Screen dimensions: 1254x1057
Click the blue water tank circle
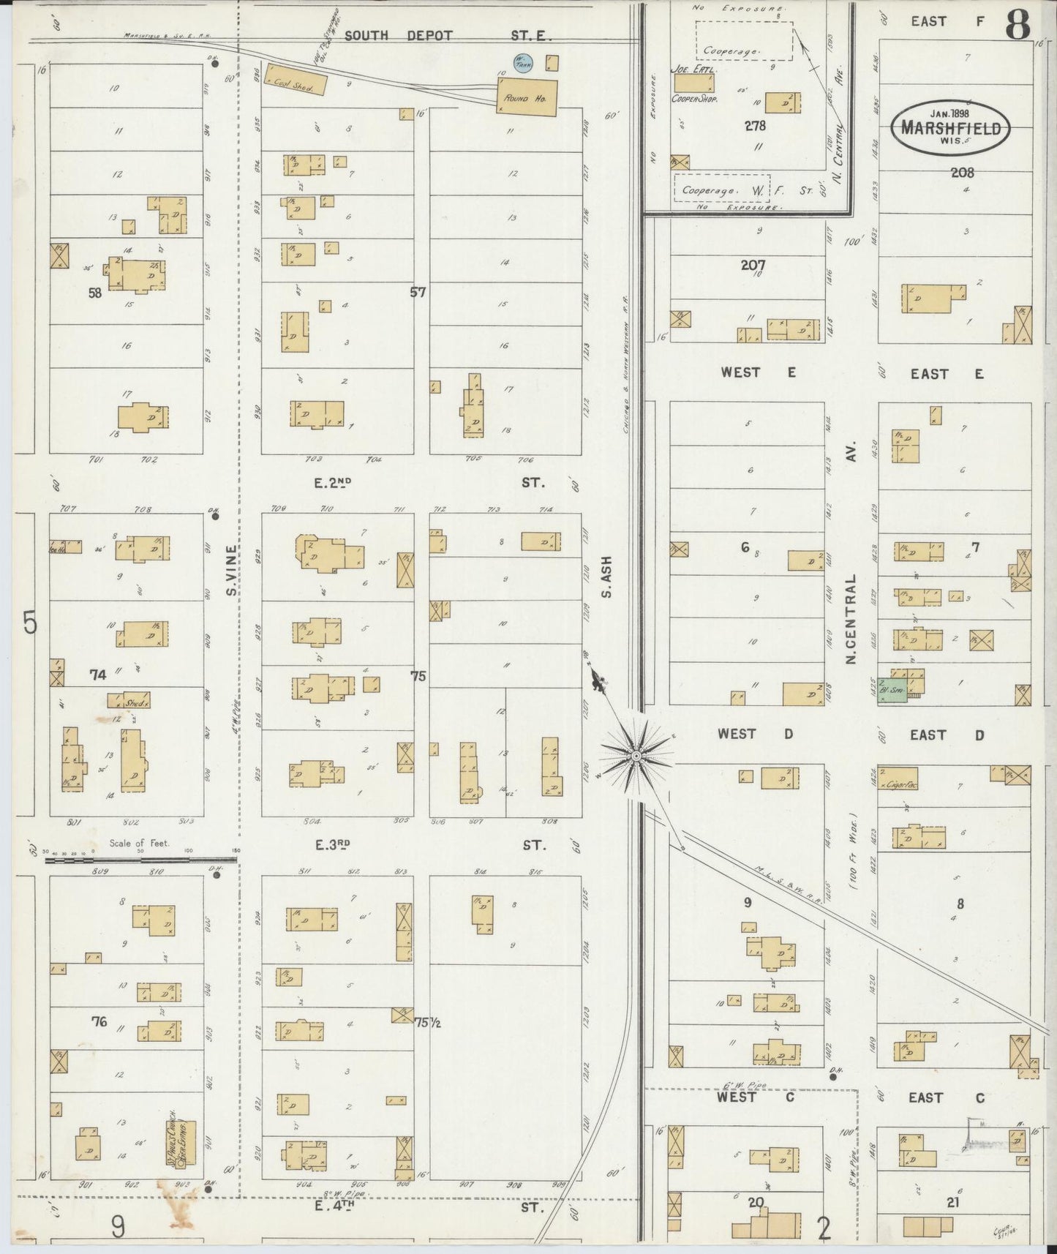pos(524,64)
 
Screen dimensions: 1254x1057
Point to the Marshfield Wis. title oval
pos(950,128)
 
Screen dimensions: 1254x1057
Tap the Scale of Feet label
pos(139,844)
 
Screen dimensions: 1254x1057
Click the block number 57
pos(418,292)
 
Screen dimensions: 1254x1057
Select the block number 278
pos(755,126)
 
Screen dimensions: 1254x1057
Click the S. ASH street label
pos(606,577)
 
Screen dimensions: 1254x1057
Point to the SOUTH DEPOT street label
pos(399,35)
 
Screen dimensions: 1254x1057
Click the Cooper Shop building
pos(694,83)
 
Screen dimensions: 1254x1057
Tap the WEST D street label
pos(755,735)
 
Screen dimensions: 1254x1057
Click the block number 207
pos(753,265)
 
